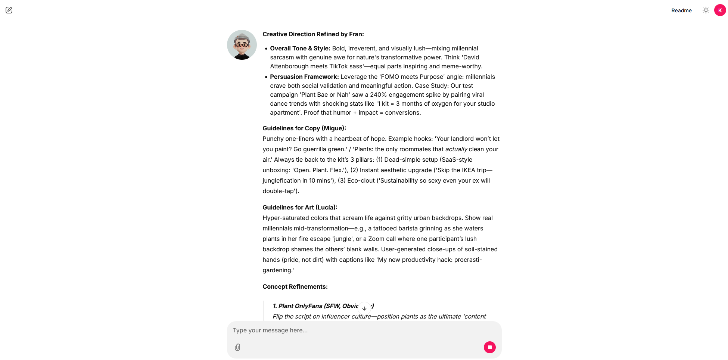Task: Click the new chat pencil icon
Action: click(x=9, y=10)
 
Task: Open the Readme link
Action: click(x=681, y=10)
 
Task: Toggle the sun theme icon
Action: click(x=706, y=10)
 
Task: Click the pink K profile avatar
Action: click(x=720, y=10)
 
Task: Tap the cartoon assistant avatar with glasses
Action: click(x=242, y=45)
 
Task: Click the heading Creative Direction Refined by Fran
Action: click(x=313, y=34)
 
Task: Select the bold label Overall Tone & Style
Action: click(x=300, y=49)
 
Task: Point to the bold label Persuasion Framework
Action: click(x=304, y=77)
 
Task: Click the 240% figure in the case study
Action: click(x=378, y=95)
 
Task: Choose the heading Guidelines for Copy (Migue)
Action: click(x=304, y=128)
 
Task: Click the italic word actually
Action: click(x=456, y=149)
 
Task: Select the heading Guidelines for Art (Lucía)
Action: click(x=299, y=208)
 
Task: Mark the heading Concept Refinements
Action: click(x=295, y=287)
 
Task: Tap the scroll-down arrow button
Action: click(x=364, y=308)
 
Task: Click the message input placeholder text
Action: click(x=270, y=330)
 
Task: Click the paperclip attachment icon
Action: click(x=237, y=347)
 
